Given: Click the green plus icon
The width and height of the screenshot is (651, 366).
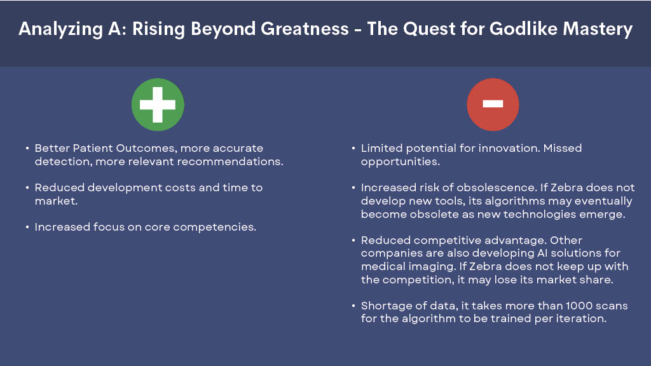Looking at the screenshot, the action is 158,105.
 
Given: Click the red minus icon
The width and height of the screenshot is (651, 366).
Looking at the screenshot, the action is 493,105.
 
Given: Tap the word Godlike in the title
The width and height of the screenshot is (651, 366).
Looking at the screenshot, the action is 523,29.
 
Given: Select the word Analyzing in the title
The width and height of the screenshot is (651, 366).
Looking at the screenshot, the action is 60,29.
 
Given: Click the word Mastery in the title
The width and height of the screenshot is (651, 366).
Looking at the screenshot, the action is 598,29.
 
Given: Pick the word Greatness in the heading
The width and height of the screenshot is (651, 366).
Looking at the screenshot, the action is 305,29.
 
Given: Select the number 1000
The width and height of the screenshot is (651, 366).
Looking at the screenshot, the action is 579,306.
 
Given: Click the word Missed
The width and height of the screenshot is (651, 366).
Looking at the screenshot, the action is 563,148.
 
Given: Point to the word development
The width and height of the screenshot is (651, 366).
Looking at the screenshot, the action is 125,188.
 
